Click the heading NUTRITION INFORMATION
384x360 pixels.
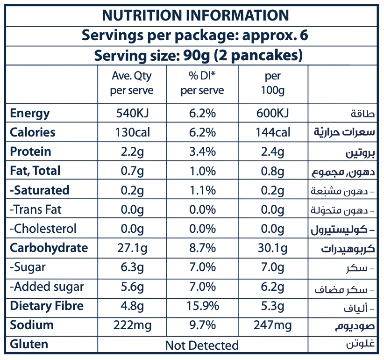pyautogui.click(x=195, y=15)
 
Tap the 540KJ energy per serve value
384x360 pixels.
pyautogui.click(x=132, y=114)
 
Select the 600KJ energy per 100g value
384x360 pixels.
pyautogui.click(x=272, y=114)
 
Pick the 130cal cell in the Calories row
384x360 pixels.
pyautogui.click(x=132, y=133)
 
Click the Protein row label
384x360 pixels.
pyautogui.click(x=30, y=152)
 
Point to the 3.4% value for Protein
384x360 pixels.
pyautogui.click(x=202, y=152)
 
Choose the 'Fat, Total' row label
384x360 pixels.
pyautogui.click(x=35, y=171)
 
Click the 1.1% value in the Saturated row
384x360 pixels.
pyautogui.click(x=202, y=190)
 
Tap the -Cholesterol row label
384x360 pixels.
pyautogui.click(x=43, y=229)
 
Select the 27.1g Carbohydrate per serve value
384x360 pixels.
pyautogui.click(x=132, y=248)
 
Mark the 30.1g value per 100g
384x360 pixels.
pyautogui.click(x=272, y=248)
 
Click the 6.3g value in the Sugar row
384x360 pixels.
pyautogui.click(x=132, y=267)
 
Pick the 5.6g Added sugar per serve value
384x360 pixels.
pyautogui.click(x=132, y=287)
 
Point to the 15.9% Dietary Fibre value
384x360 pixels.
pyautogui.click(x=202, y=306)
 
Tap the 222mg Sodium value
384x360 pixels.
pyautogui.click(x=132, y=325)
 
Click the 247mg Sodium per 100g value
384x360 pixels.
pyautogui.click(x=272, y=325)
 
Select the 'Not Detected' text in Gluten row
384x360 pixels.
pyautogui.click(x=202, y=346)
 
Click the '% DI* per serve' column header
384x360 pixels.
pyautogui.click(x=202, y=83)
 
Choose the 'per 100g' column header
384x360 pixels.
pyautogui.click(x=272, y=83)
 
